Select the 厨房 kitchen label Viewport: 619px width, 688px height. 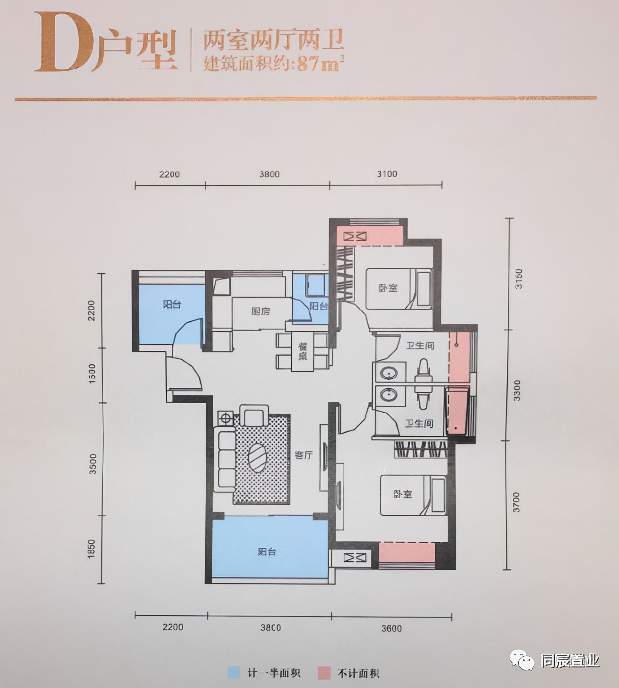(x=261, y=311)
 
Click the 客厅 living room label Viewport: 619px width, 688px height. (x=304, y=455)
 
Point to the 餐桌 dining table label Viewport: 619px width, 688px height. (x=302, y=351)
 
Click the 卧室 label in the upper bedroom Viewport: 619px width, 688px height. (x=388, y=288)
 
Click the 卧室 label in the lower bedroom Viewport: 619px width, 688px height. (x=402, y=494)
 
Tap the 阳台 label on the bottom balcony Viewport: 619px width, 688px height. (x=267, y=551)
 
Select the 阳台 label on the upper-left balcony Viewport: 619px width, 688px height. (x=172, y=304)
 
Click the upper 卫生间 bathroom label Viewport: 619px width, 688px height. (x=420, y=345)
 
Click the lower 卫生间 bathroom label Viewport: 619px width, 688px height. (x=419, y=423)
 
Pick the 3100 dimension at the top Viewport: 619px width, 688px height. (x=387, y=174)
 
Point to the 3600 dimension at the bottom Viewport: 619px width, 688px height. (x=391, y=628)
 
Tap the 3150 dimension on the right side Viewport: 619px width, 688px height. (x=518, y=278)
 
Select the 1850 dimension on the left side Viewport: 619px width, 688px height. (x=91, y=549)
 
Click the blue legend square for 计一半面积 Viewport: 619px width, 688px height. (x=233, y=673)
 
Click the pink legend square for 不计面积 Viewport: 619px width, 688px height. (x=323, y=673)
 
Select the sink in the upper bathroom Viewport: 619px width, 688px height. (x=389, y=373)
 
